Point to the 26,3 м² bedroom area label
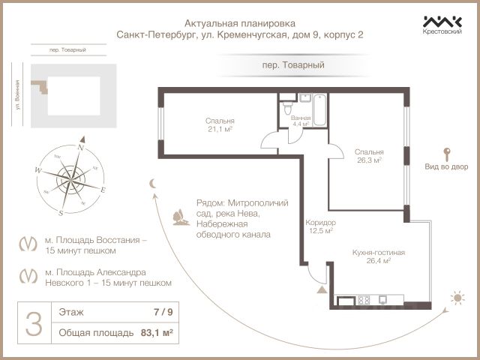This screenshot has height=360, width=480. (368, 155)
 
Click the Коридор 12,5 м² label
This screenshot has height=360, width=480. (320, 226)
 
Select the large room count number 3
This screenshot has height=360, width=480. (33, 323)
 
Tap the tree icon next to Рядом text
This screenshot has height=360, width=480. (181, 217)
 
